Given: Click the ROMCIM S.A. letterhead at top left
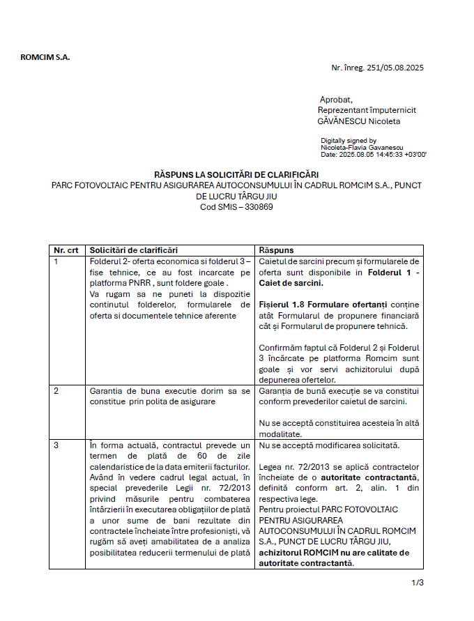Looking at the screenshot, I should pyautogui.click(x=45, y=57).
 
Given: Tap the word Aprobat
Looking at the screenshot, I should pyautogui.click(x=336, y=100).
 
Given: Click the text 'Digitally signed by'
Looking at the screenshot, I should pyautogui.click(x=349, y=141).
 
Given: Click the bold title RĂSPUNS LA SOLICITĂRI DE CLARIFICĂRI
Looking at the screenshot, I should pyautogui.click(x=236, y=173).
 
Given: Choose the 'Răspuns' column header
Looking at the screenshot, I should pyautogui.click(x=276, y=250).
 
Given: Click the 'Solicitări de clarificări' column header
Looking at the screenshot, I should pyautogui.click(x=134, y=250).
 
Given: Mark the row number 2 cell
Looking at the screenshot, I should pyautogui.click(x=57, y=390).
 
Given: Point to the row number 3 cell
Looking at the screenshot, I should pyautogui.click(x=57, y=445).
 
